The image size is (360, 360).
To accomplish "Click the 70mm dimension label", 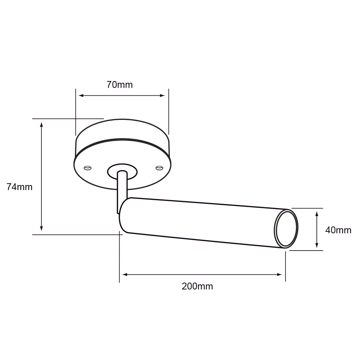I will click(x=120, y=85).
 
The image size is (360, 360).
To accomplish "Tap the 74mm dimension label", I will click(x=19, y=187).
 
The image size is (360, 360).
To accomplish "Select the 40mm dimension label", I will click(x=338, y=230).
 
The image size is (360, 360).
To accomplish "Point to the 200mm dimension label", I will click(x=197, y=287).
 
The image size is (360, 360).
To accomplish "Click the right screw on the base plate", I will click(x=159, y=167).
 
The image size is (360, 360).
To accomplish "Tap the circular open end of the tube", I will click(x=287, y=229).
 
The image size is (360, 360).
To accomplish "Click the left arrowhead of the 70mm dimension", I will click(x=81, y=95).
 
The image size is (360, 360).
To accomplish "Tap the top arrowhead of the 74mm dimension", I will click(x=42, y=125).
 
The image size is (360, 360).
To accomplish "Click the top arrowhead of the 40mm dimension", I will click(x=317, y=213).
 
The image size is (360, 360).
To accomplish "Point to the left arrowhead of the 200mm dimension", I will click(x=125, y=275).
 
